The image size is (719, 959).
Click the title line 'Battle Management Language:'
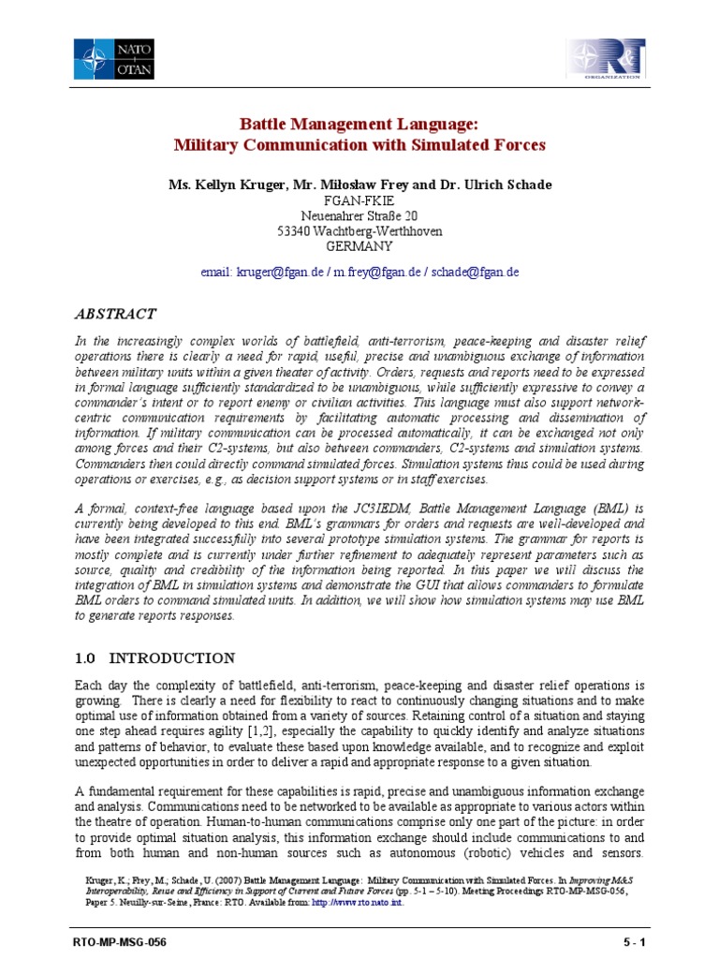359,125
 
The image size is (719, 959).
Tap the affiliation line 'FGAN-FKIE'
359,200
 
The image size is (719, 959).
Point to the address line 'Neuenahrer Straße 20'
359,215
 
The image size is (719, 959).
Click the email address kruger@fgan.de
279,272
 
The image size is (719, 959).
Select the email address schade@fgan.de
475,272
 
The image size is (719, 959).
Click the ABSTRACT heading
116,314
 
